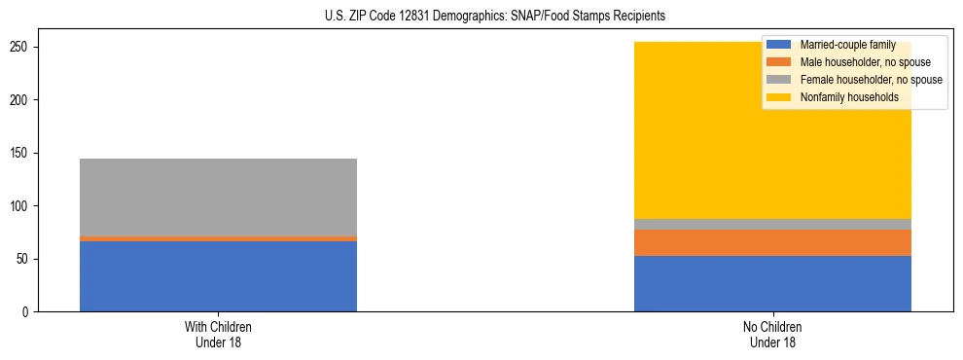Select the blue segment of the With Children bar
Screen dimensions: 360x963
point(218,276)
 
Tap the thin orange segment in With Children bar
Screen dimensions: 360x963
point(218,238)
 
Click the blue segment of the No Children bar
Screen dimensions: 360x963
point(772,283)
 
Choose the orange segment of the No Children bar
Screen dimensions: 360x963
point(772,242)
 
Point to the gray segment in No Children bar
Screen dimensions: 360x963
point(772,225)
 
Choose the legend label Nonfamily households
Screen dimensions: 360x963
point(843,97)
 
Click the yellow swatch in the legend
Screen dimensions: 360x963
point(780,97)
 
